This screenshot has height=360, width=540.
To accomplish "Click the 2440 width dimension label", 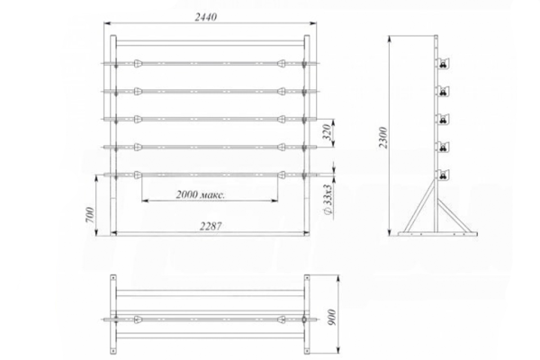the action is (x=206, y=17).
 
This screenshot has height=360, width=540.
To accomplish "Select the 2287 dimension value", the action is (x=211, y=226).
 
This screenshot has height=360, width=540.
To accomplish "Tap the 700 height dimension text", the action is (x=90, y=214).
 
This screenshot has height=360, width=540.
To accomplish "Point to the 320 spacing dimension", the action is (x=327, y=131).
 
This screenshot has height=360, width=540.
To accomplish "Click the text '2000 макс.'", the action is (x=201, y=194).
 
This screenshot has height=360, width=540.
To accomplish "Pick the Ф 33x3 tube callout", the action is (x=328, y=200).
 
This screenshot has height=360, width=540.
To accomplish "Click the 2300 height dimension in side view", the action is (x=383, y=138).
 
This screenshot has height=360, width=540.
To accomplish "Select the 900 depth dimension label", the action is (x=331, y=318).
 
